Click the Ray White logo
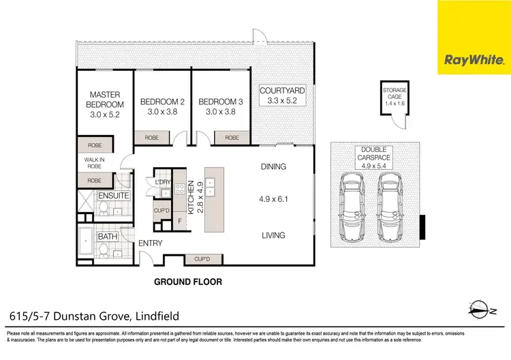click(x=474, y=37)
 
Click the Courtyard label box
click(x=282, y=95)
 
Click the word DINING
click(x=273, y=166)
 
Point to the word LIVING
click(x=273, y=236)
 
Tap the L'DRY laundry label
click(x=162, y=183)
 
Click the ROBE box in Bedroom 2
click(x=153, y=138)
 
